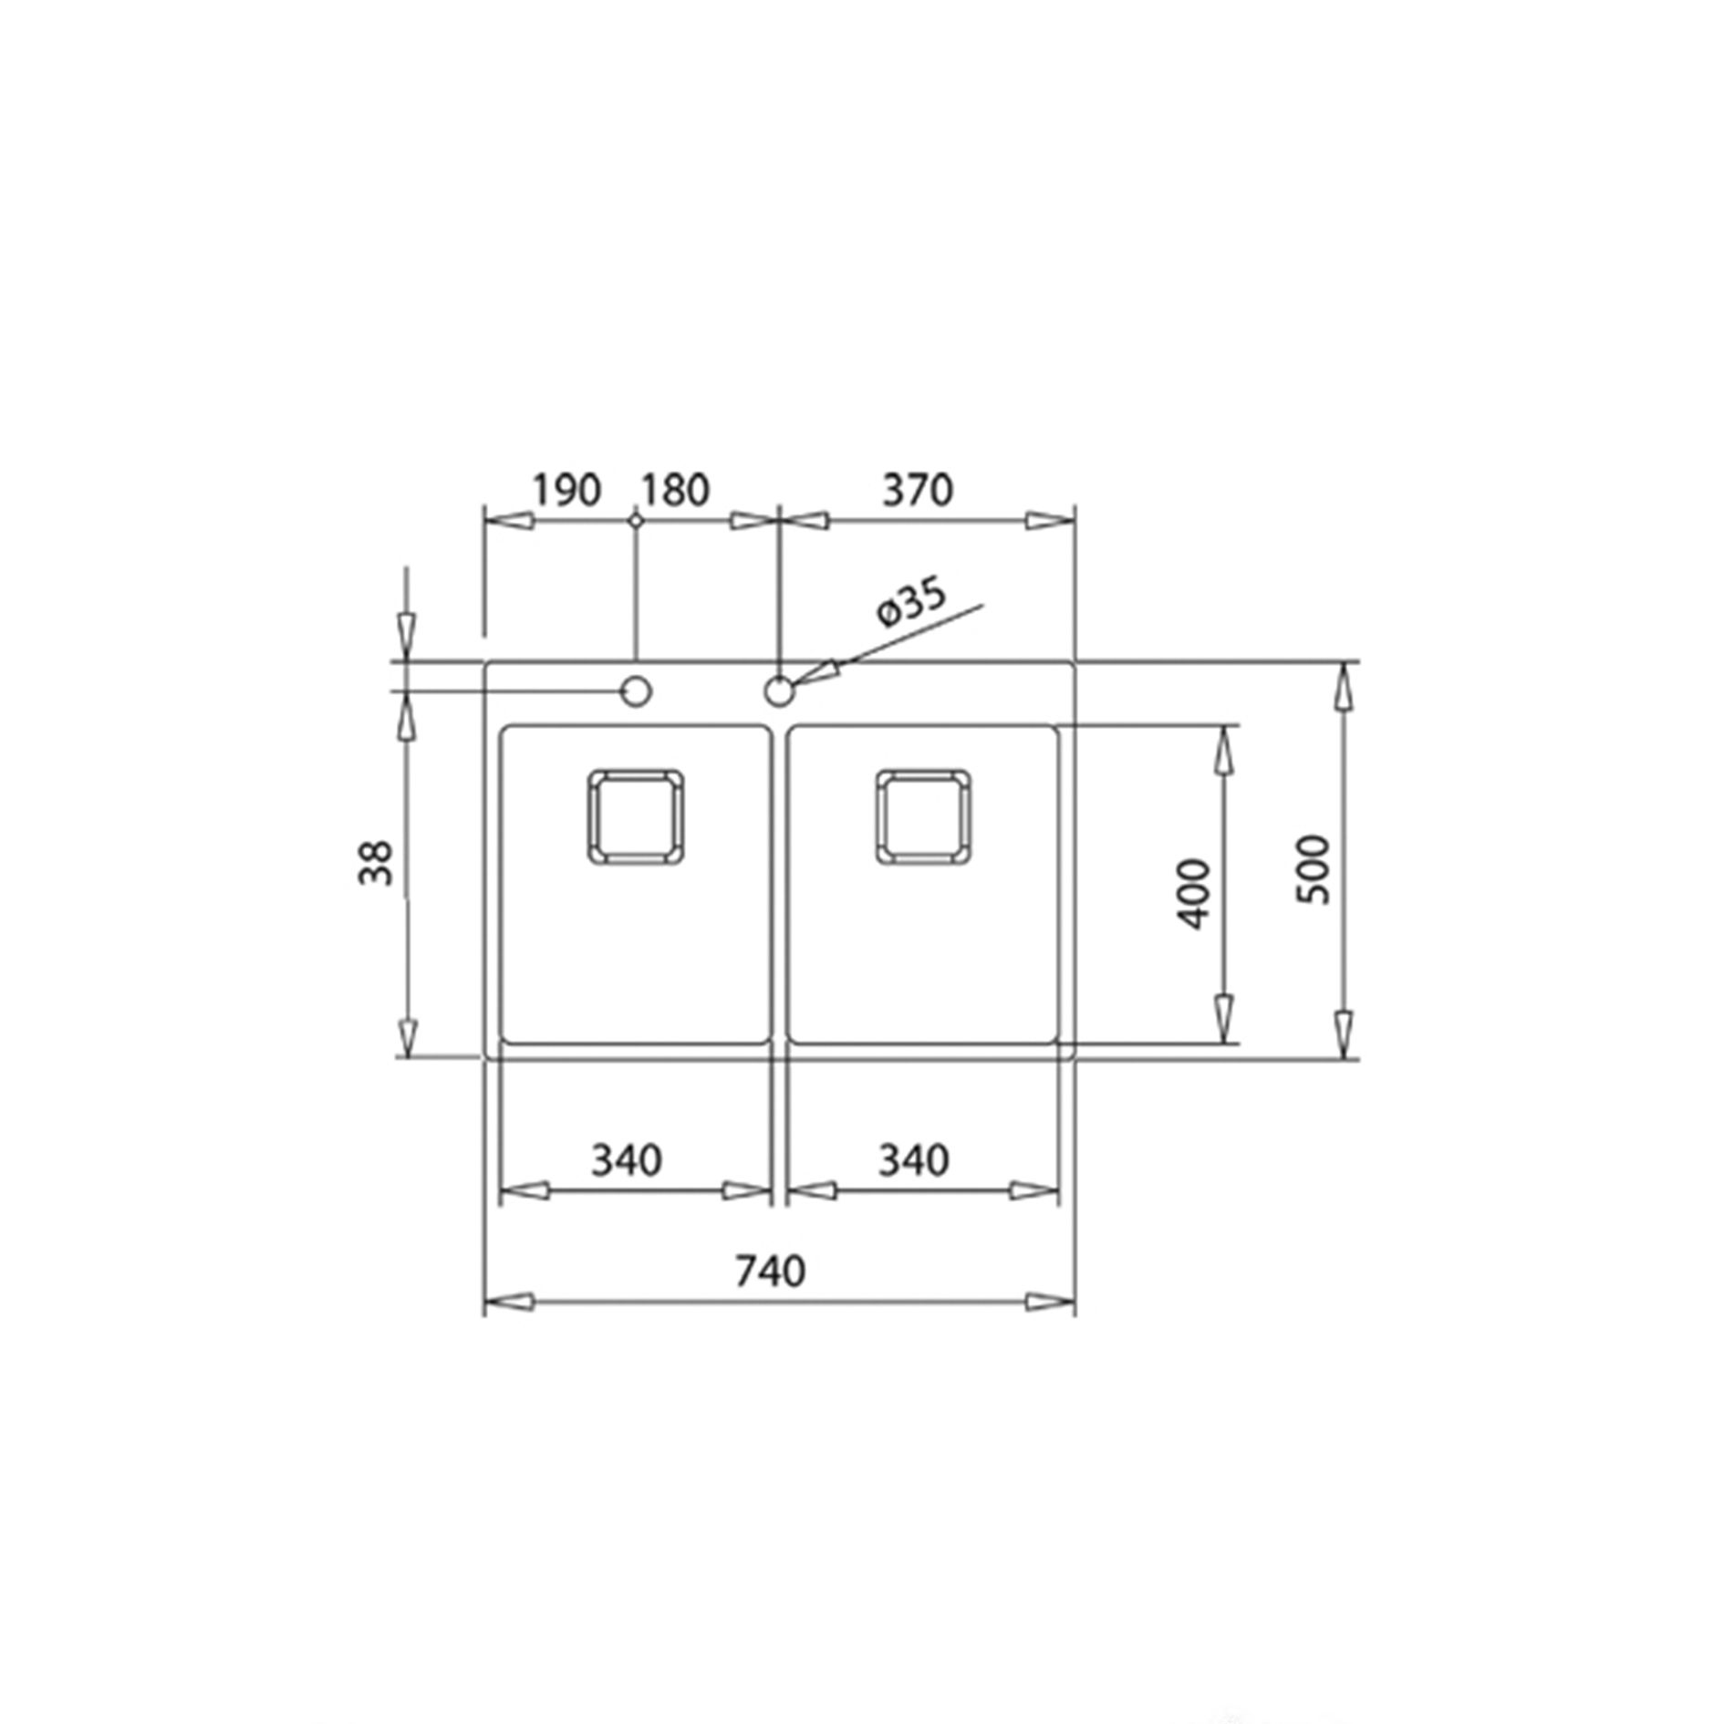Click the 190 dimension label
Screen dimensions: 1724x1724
click(566, 491)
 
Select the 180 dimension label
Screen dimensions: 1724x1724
click(674, 491)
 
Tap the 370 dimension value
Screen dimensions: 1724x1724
click(918, 491)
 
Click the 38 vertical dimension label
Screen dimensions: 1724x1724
click(376, 863)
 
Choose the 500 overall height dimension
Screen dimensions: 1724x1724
click(1314, 869)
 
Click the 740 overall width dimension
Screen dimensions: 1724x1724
click(771, 1272)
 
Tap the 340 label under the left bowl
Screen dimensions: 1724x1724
click(627, 1160)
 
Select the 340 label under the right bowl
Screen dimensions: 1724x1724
click(913, 1160)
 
